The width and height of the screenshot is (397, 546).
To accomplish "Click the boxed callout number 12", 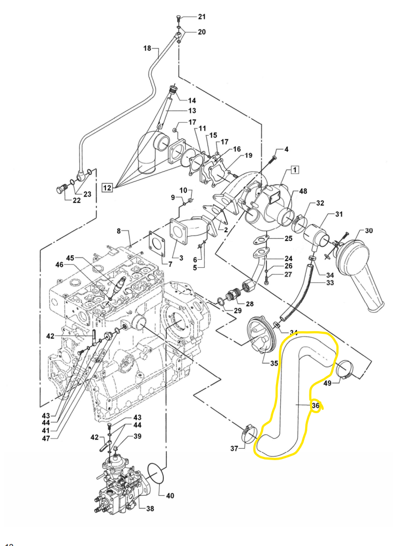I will pyautogui.click(x=107, y=188).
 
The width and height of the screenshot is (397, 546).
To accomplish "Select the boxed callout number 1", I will pyautogui.click(x=295, y=170).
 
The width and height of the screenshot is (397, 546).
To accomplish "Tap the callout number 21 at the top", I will pyautogui.click(x=202, y=16).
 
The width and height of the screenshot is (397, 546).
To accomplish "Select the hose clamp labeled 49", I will pyautogui.click(x=342, y=369).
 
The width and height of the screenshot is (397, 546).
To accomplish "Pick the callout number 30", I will pyautogui.click(x=369, y=231).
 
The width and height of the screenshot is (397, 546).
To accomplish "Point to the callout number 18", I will pyautogui.click(x=147, y=49).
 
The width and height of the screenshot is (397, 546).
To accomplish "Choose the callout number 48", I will pyautogui.click(x=302, y=192).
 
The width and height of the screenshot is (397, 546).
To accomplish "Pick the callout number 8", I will pyautogui.click(x=119, y=231).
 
